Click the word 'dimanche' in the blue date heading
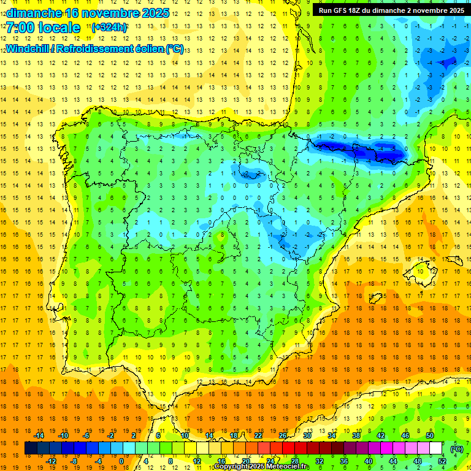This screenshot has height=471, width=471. [x=33, y=12]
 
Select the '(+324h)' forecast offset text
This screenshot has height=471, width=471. [x=109, y=28]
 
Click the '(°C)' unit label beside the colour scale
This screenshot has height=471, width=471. [x=456, y=449]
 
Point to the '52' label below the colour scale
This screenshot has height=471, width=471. [x=442, y=461]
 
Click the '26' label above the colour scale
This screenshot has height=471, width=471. [x=283, y=435]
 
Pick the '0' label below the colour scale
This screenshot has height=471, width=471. [x=121, y=461]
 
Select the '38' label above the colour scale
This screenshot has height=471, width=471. [x=356, y=435]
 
